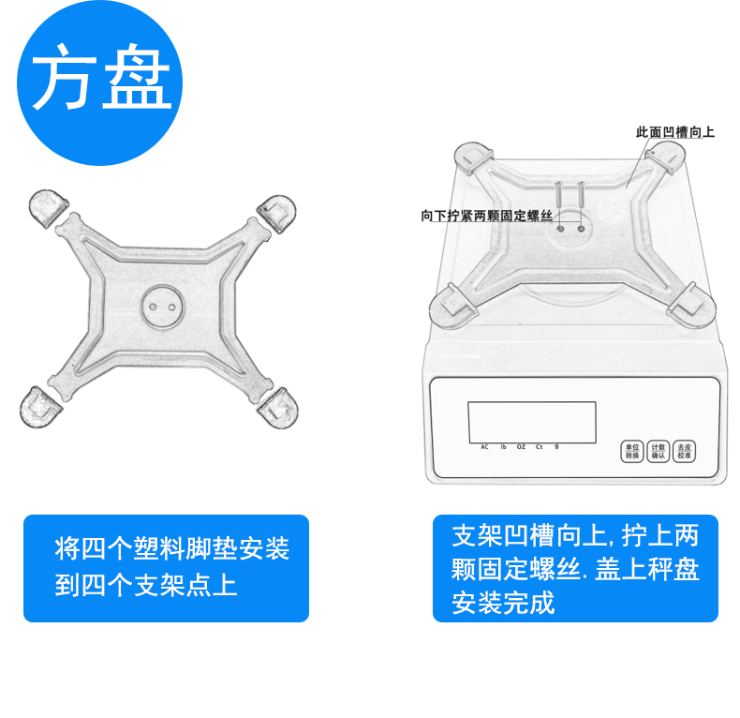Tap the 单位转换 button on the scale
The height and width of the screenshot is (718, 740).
(x=630, y=451)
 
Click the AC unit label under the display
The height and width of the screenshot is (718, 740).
(x=485, y=447)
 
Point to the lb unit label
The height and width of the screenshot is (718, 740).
(x=503, y=447)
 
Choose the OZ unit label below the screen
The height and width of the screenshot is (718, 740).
(x=521, y=447)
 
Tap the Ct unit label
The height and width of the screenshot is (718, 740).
(x=539, y=447)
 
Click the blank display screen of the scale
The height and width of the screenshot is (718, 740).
(x=532, y=421)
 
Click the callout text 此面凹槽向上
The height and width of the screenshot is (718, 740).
(x=674, y=133)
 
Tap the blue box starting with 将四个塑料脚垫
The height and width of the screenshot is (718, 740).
(x=166, y=568)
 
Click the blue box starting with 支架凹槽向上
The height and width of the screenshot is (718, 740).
(x=575, y=568)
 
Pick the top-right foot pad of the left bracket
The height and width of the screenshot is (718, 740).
(x=278, y=213)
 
